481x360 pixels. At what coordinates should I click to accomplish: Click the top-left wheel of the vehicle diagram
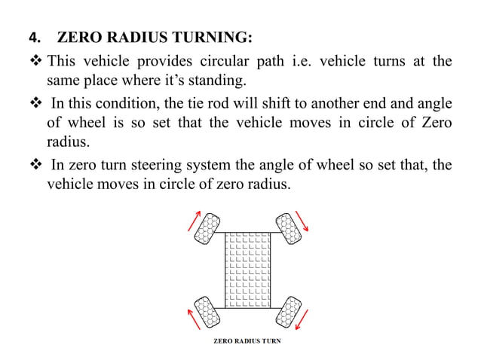207,229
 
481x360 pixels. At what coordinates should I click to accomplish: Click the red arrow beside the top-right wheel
304,219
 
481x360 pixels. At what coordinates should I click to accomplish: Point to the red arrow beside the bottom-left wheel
193,317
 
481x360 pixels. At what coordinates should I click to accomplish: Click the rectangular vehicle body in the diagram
247,269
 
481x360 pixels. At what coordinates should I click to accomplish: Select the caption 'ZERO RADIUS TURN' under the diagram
247,341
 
